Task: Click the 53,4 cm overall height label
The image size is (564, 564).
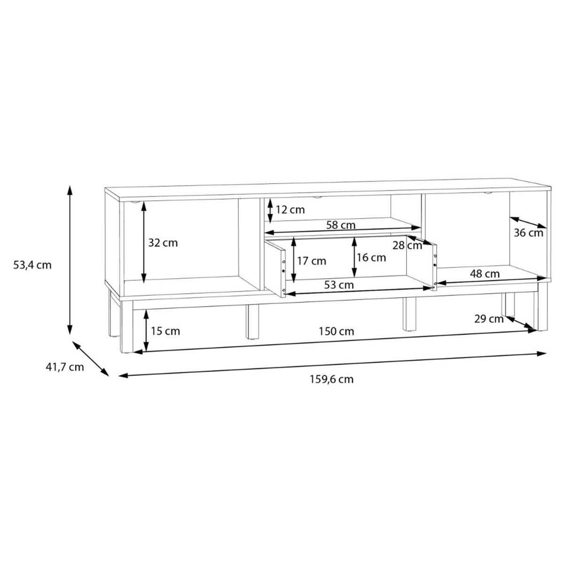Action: click(x=32, y=265)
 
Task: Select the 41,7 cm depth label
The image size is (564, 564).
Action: click(x=65, y=367)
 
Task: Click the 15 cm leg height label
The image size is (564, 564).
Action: click(x=165, y=331)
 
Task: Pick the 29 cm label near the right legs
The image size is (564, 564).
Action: click(x=489, y=319)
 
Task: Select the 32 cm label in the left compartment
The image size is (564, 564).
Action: click(x=163, y=243)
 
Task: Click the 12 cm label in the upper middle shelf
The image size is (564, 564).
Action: click(x=290, y=210)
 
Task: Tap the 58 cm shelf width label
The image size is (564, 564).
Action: click(x=341, y=225)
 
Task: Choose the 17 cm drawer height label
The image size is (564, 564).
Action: click(x=311, y=260)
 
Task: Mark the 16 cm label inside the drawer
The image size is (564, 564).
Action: click(x=371, y=258)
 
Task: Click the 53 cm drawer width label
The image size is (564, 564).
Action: click(x=339, y=285)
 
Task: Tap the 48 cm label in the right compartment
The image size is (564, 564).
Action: click(x=485, y=274)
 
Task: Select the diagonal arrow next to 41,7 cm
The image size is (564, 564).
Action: click(x=90, y=358)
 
